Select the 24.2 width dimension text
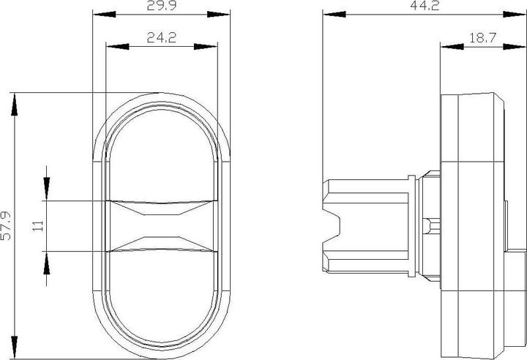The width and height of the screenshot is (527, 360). pyautogui.click(x=160, y=38)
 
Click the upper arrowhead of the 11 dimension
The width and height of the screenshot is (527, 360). pyautogui.click(x=46, y=190)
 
